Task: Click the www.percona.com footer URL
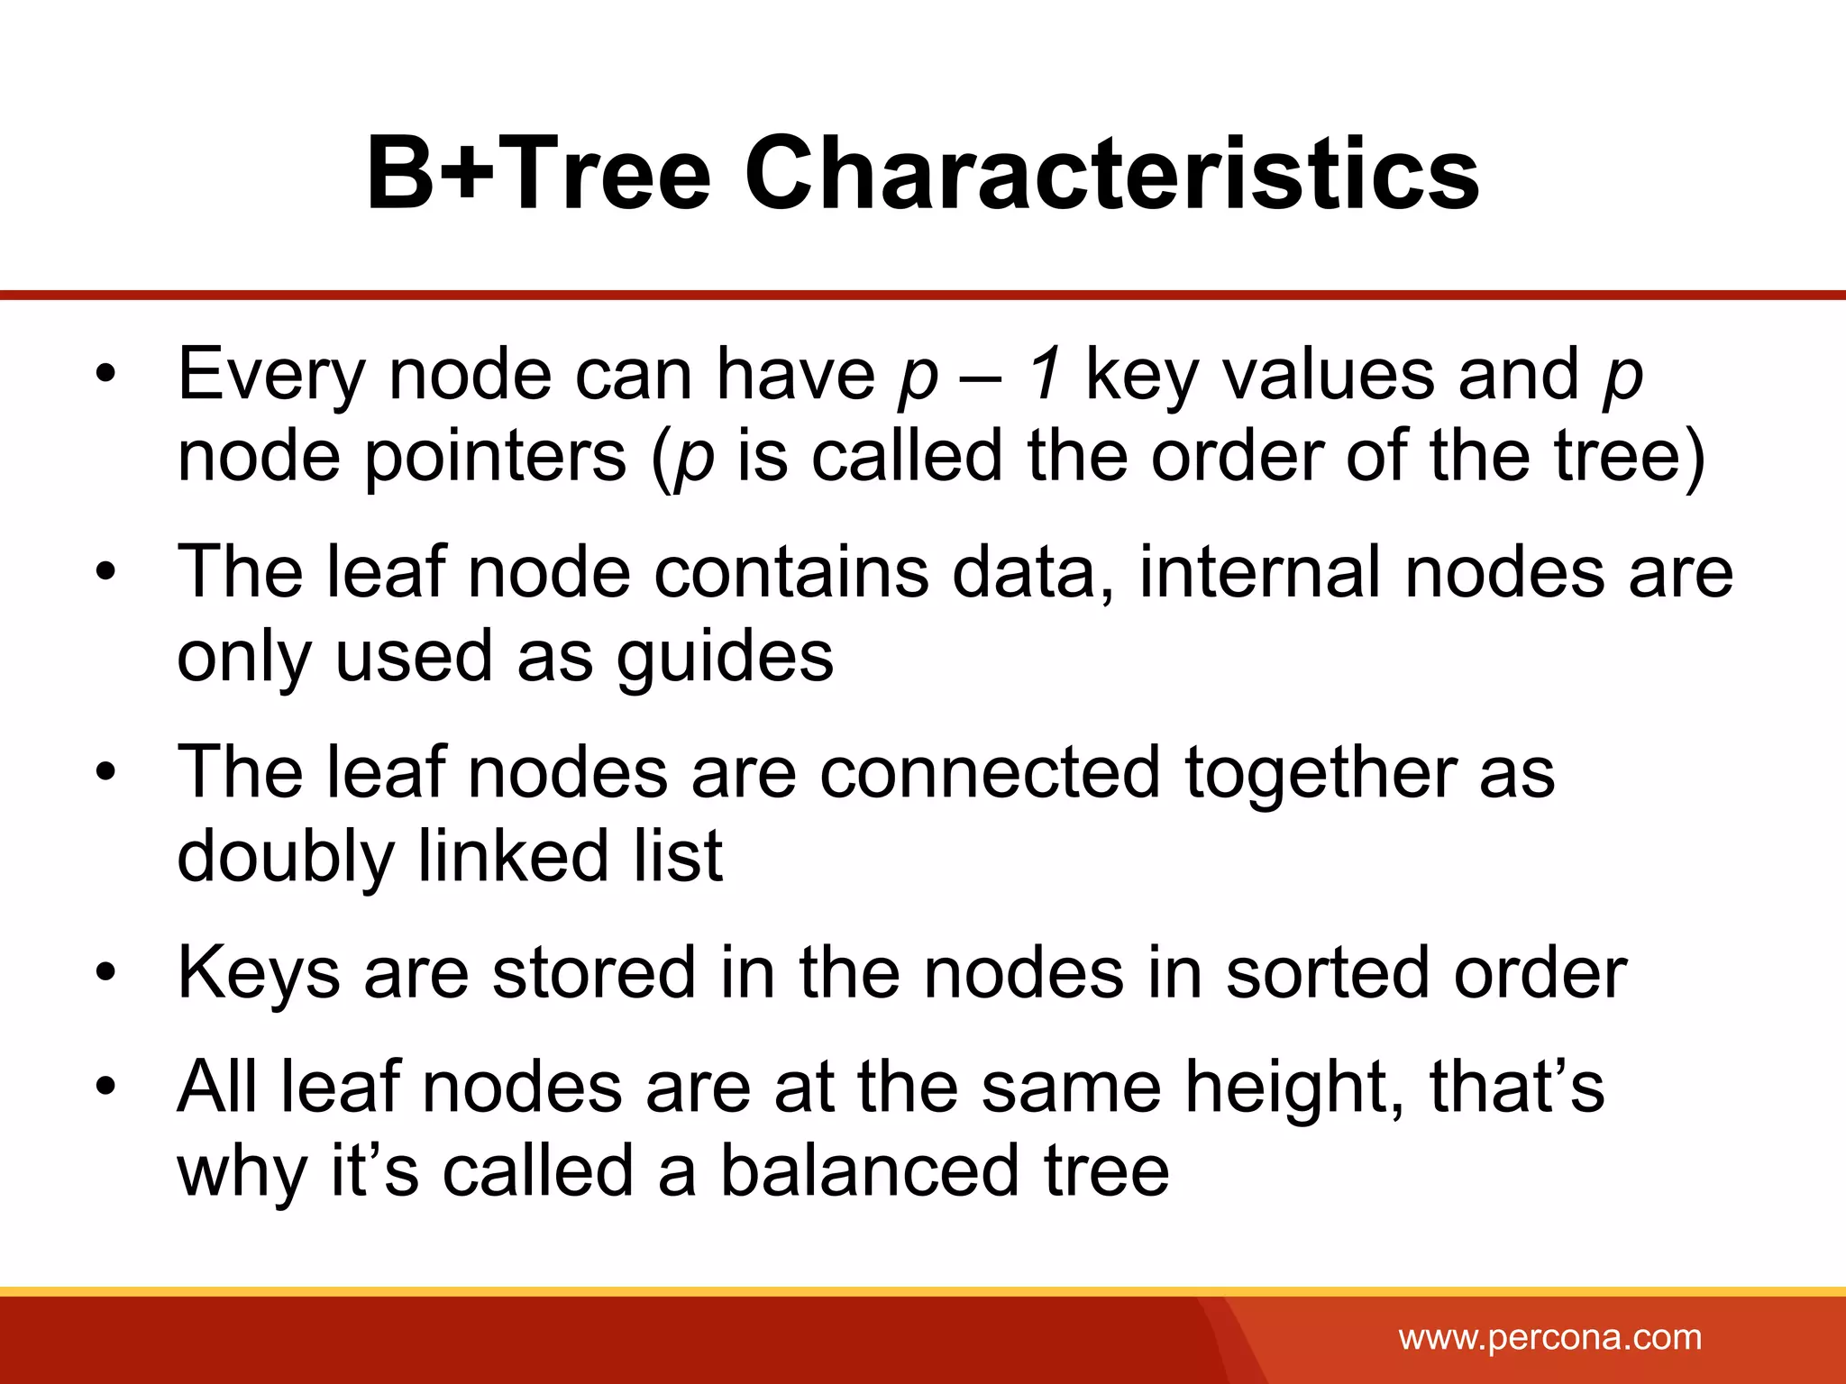click(1550, 1337)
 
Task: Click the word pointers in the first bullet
click(495, 457)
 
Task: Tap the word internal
click(1260, 572)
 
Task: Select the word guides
click(726, 657)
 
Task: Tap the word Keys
click(260, 974)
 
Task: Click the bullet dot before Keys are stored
click(106, 974)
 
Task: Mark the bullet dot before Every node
click(106, 375)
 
